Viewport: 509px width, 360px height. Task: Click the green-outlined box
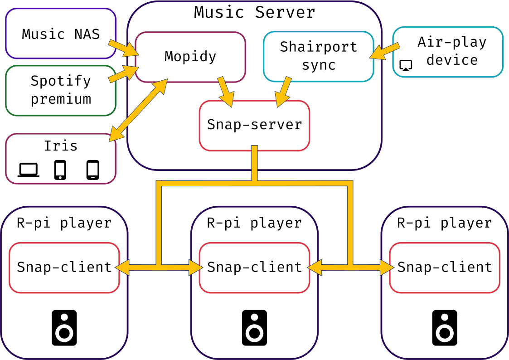(x=61, y=91)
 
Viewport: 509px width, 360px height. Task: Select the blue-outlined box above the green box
(x=61, y=34)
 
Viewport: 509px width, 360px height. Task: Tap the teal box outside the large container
(x=448, y=52)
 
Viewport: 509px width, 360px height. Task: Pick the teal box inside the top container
(x=318, y=56)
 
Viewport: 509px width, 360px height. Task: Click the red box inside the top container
(x=254, y=126)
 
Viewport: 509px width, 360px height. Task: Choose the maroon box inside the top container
(x=190, y=57)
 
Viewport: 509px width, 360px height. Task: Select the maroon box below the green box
(x=61, y=159)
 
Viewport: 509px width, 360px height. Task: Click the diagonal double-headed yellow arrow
(x=138, y=110)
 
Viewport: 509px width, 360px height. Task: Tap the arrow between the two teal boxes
(x=385, y=51)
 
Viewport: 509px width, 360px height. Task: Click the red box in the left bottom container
(x=64, y=268)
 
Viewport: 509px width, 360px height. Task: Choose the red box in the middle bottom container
(x=254, y=268)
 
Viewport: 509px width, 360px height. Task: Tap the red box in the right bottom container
(x=445, y=268)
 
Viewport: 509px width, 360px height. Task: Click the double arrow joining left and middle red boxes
(x=159, y=268)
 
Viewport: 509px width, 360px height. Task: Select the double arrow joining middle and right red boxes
(x=350, y=268)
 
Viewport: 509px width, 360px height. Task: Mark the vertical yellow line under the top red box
(x=254, y=163)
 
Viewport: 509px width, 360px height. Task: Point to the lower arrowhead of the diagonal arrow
(x=115, y=136)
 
